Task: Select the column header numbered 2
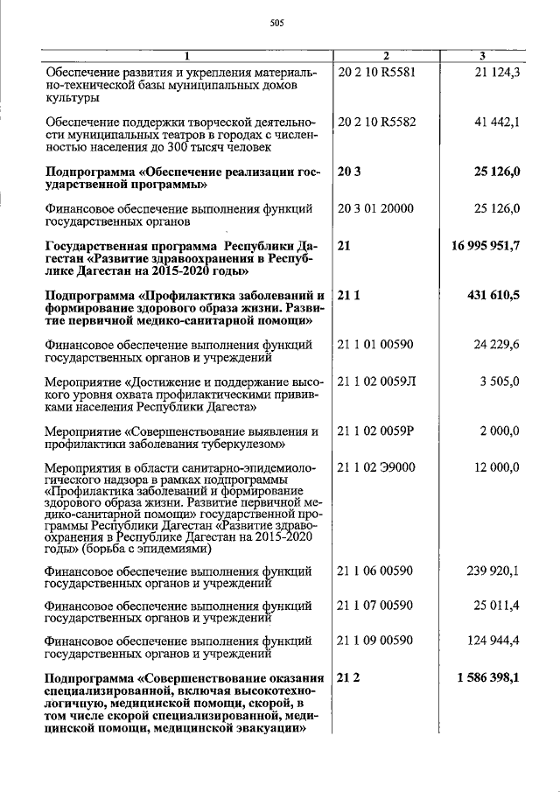[x=386, y=57]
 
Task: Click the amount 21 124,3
[x=497, y=72]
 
